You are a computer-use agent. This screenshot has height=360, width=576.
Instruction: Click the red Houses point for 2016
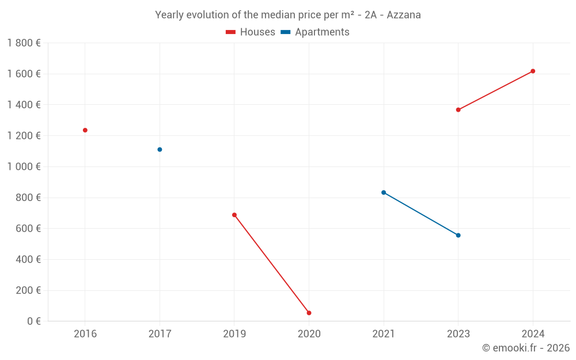[85, 130]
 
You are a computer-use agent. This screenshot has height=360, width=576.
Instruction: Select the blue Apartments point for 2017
[160, 150]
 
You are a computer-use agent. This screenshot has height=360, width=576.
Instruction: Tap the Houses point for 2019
[234, 215]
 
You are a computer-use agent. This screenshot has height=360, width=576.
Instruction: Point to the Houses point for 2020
[309, 313]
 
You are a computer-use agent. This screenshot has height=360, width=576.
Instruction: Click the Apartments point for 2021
[384, 192]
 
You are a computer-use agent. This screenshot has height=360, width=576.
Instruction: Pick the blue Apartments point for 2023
[458, 235]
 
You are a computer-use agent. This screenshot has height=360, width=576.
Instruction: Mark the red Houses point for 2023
[458, 109]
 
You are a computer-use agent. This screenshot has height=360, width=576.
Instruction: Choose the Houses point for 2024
[533, 71]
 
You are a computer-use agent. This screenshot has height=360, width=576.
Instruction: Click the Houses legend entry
[251, 32]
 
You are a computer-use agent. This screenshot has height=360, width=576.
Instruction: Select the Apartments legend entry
[315, 32]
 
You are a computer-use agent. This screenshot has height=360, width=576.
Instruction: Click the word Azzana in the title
[404, 15]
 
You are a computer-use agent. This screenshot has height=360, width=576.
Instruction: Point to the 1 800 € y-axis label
[24, 43]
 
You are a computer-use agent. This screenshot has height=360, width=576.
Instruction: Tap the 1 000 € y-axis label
[24, 166]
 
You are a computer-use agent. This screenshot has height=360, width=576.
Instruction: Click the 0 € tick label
[33, 321]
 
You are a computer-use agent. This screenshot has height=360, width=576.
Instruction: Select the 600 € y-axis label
[27, 229]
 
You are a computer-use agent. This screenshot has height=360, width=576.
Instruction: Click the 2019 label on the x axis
[234, 334]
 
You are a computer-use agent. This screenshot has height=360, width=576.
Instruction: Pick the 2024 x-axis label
[533, 334]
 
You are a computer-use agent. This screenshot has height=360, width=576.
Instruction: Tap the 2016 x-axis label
[85, 334]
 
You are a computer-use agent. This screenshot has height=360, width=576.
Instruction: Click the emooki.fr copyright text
[526, 348]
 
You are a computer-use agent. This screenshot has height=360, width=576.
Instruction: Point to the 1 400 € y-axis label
[24, 105]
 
